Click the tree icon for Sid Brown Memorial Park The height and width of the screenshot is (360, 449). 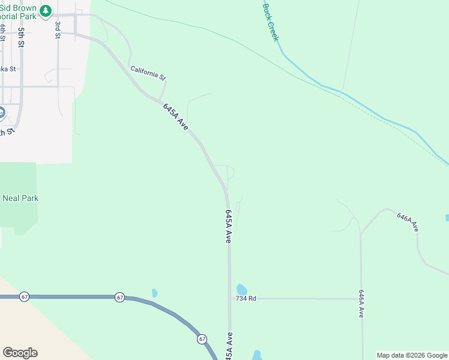click(x=46, y=11)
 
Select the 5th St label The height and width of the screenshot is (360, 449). click(x=21, y=37)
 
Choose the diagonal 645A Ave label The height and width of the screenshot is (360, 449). click(x=176, y=117)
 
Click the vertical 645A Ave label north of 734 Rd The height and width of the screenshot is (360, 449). click(x=228, y=226)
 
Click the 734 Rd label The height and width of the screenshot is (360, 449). click(x=246, y=298)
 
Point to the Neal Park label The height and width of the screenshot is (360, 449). click(x=20, y=198)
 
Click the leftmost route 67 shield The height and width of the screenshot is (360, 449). click(x=24, y=297)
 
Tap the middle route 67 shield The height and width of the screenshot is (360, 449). click(x=120, y=297)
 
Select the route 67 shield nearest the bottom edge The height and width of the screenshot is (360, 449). click(x=202, y=339)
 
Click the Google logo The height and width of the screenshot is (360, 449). click(x=20, y=353)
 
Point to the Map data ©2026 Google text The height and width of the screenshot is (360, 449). click(x=412, y=355)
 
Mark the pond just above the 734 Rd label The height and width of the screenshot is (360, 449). click(x=241, y=289)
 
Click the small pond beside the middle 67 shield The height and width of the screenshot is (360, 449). click(x=155, y=293)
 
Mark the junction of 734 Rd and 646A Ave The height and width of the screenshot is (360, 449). click(x=361, y=298)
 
